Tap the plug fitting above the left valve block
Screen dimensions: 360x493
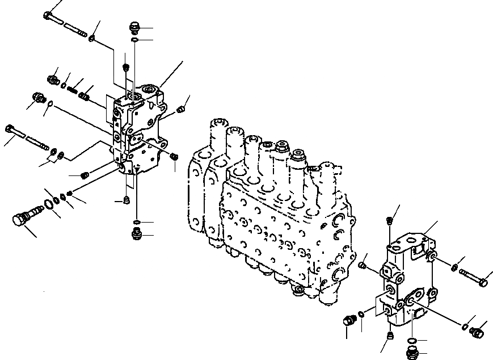tap(134, 27)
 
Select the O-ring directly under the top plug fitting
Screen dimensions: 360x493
tap(134, 40)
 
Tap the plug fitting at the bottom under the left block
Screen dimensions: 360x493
tap(136, 233)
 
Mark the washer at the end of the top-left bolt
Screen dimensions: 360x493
tap(92, 38)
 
